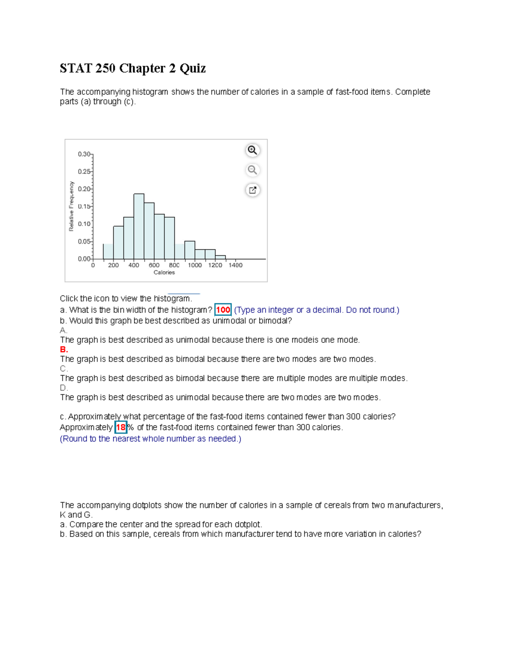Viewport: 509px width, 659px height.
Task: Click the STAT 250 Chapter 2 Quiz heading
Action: point(133,68)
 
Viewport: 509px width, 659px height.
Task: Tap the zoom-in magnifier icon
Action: point(252,150)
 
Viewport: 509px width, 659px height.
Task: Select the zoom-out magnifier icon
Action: point(252,170)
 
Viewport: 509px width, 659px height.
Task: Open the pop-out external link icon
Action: point(252,190)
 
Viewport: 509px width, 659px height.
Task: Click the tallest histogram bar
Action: point(139,226)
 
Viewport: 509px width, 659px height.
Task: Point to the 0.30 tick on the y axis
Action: point(84,154)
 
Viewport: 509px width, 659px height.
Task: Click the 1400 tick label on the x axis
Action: point(235,265)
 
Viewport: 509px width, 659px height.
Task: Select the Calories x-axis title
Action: point(164,272)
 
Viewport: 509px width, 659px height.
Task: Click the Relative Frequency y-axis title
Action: point(71,206)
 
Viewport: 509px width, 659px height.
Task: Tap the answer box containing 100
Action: point(223,310)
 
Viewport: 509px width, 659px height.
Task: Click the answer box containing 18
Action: point(121,427)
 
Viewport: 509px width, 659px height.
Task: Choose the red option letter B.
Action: point(64,350)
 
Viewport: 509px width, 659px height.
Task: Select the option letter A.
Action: point(63,330)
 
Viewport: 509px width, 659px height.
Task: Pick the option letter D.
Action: point(64,388)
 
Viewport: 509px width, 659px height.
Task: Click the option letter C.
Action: point(64,369)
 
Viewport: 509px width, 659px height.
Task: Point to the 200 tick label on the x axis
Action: point(113,265)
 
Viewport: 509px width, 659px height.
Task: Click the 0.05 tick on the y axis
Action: point(84,241)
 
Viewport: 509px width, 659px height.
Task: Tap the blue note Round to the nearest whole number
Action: point(151,439)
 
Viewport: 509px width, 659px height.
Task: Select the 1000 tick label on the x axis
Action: point(195,265)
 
